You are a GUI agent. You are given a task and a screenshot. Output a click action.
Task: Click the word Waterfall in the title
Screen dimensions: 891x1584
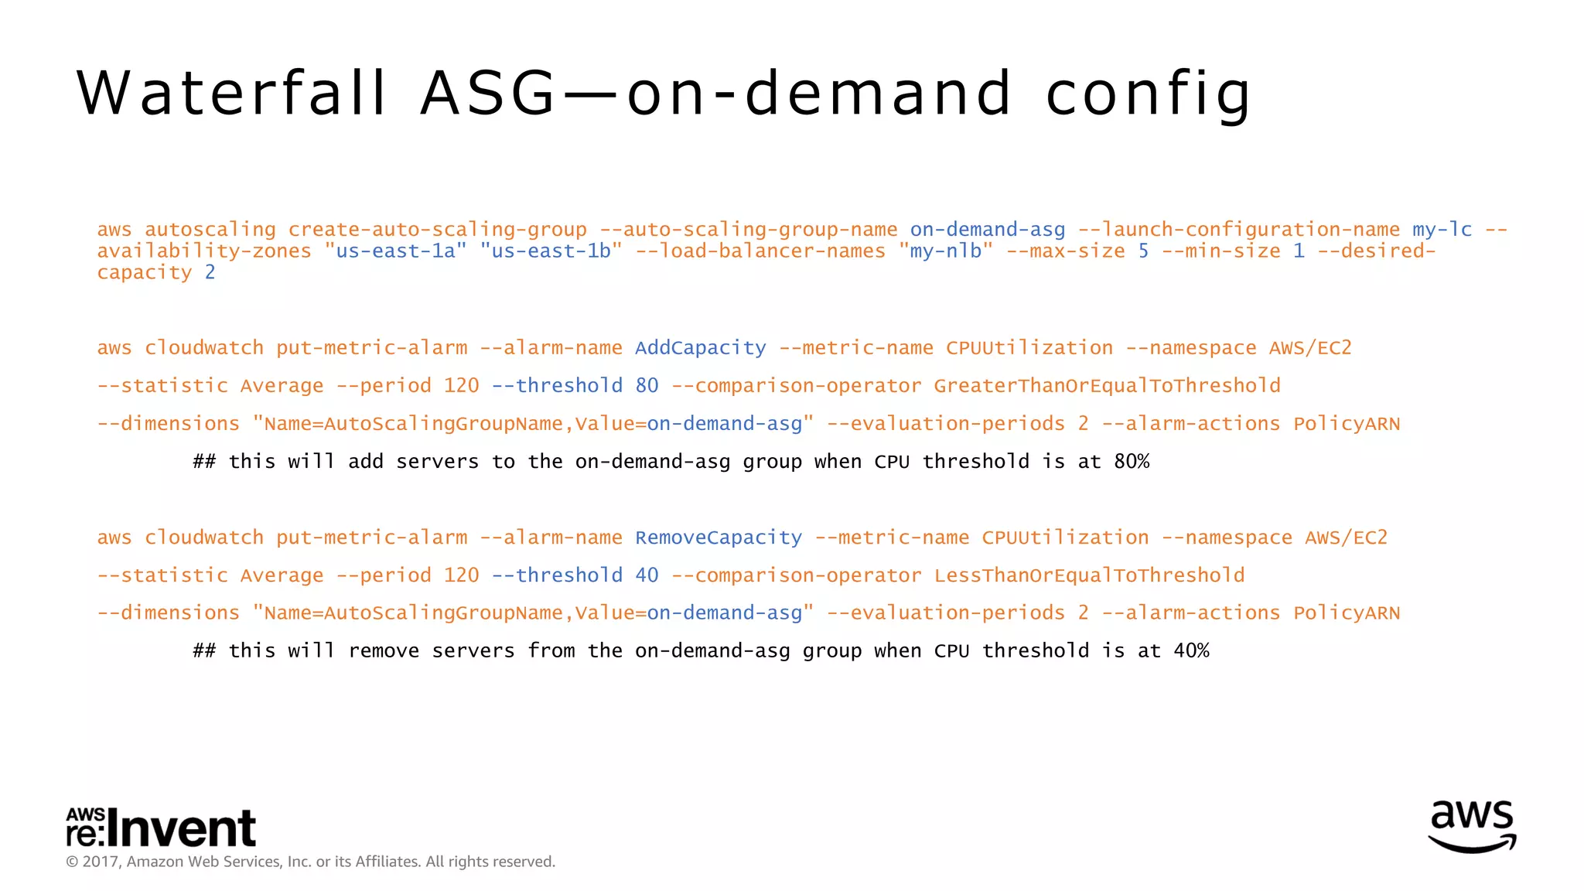pyautogui.click(x=232, y=94)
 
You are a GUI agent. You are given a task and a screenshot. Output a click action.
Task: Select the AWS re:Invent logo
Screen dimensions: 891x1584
pyautogui.click(x=161, y=828)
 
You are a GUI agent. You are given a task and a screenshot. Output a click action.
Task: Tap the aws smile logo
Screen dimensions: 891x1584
pyautogui.click(x=1472, y=826)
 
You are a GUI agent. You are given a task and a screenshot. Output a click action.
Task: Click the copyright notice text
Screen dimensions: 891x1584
pyautogui.click(x=311, y=862)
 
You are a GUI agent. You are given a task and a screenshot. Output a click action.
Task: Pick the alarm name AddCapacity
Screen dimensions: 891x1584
pyautogui.click(x=701, y=348)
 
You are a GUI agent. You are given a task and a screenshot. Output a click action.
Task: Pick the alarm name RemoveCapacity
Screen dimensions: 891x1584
pyautogui.click(x=719, y=538)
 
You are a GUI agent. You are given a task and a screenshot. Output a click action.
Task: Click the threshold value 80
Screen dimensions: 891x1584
pyautogui.click(x=647, y=386)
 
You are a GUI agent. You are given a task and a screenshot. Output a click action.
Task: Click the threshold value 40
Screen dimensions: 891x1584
pyautogui.click(x=647, y=575)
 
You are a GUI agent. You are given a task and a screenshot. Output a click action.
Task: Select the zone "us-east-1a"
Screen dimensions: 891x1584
pyautogui.click(x=396, y=251)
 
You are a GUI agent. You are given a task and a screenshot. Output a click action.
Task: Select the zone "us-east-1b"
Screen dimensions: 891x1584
pyautogui.click(x=551, y=251)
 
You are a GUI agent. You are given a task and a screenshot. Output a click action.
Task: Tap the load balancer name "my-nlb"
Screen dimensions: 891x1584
pyautogui.click(x=946, y=251)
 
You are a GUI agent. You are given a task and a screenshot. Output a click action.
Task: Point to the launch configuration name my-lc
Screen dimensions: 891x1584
pyautogui.click(x=1442, y=230)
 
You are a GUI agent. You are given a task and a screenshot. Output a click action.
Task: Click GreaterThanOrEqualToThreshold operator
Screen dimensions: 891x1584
pyautogui.click(x=1107, y=386)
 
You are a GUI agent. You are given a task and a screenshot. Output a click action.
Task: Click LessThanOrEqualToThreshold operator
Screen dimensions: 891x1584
pyautogui.click(x=1089, y=575)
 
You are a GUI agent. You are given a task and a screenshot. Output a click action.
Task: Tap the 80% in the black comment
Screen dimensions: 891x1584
pyautogui.click(x=1132, y=462)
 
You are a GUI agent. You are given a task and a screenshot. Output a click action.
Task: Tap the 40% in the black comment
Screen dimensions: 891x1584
pyautogui.click(x=1191, y=651)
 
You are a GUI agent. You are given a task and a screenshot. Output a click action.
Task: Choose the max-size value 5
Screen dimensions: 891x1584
pyautogui.click(x=1143, y=251)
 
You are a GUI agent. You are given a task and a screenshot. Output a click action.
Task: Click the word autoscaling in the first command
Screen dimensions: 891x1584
pyautogui.click(x=210, y=230)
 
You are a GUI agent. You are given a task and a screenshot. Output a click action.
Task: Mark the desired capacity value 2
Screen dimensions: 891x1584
pyautogui.click(x=210, y=273)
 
